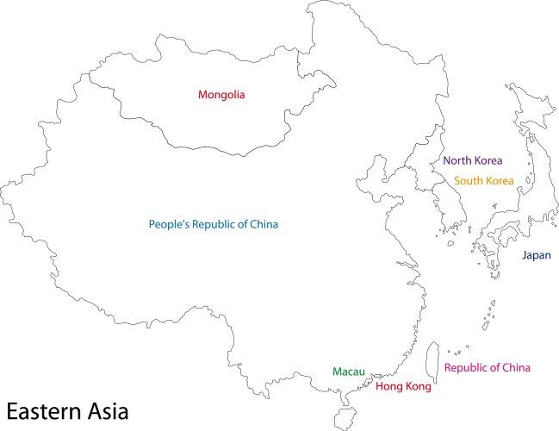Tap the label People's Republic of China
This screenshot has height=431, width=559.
pos(214,224)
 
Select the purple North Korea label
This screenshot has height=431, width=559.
pos(472,160)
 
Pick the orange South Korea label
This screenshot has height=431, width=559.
pos(483,181)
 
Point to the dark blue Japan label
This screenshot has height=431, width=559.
pos(536,255)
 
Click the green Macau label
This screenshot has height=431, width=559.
pos(349,372)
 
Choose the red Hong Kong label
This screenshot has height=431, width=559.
pos(403,387)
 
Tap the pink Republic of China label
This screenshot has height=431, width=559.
pos(487,368)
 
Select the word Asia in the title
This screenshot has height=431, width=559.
pos(109,410)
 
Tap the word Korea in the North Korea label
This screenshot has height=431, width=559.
pos(488,160)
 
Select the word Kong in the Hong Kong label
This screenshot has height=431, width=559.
pos(417,387)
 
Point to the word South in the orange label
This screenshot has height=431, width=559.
pos(468,181)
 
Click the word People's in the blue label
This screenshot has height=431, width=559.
pos(169,224)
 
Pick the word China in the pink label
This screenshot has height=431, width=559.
pos(516,368)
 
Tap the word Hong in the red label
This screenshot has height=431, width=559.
pos(388,387)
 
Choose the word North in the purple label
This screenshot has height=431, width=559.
pos(457,160)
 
